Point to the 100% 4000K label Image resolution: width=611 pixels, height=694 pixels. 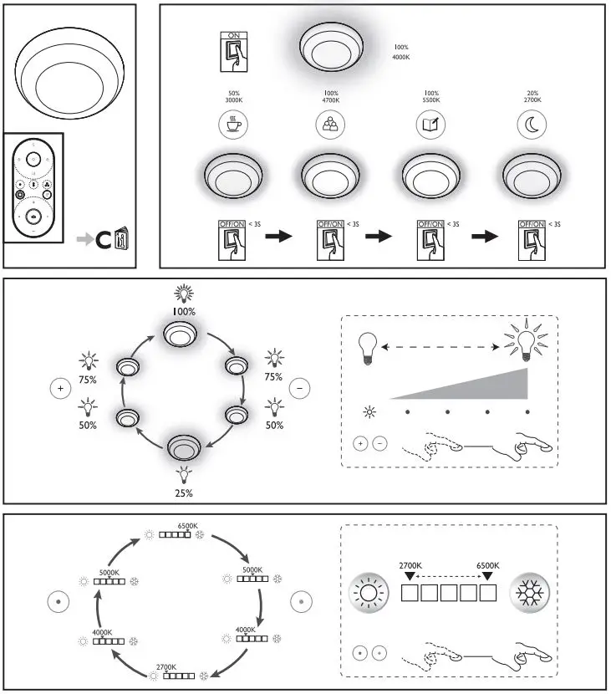401,52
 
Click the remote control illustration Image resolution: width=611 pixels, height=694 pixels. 33,187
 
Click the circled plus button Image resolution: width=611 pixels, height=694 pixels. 59,388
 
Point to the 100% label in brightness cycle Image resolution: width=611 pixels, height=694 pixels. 183,311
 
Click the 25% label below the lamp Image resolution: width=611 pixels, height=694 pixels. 183,493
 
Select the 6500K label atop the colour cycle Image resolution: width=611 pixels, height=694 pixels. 187,526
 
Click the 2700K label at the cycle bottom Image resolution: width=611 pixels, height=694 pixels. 166,666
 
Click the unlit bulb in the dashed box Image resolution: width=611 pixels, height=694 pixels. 367,346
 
